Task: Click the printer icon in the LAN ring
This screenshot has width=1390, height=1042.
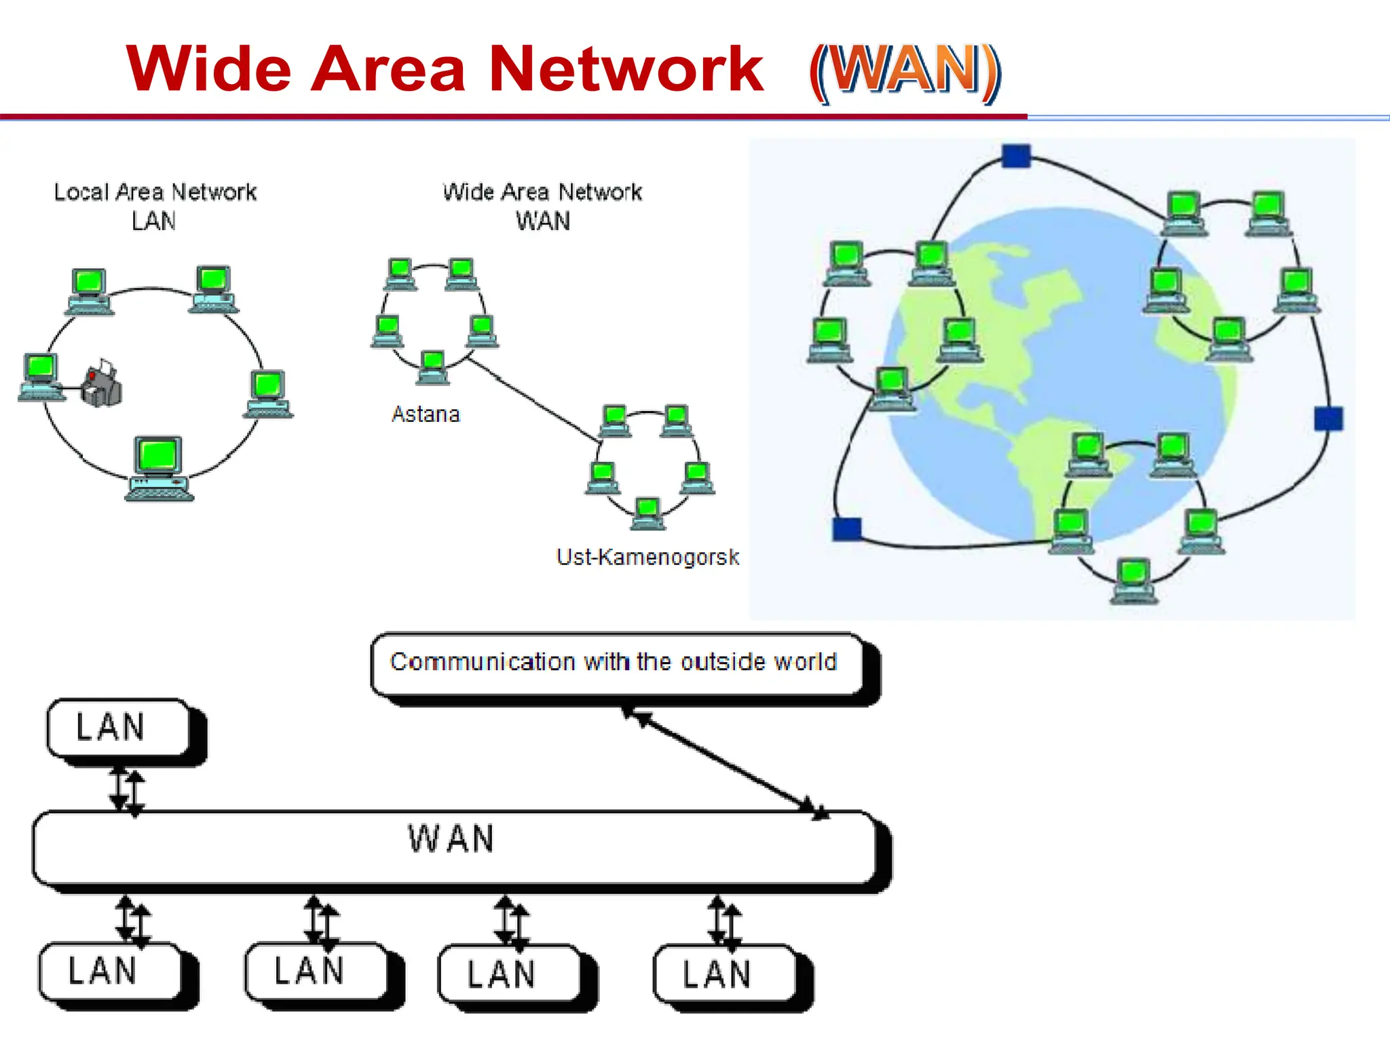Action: coord(102,385)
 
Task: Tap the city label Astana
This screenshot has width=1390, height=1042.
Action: coord(426,414)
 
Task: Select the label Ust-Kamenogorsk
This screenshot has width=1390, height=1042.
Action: coord(647,557)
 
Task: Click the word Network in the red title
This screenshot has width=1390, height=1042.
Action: coord(626,69)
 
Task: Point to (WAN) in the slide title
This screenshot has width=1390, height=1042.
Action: coord(904,71)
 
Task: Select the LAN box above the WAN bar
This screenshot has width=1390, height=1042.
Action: coord(118,727)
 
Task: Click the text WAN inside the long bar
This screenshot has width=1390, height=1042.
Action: coord(451,838)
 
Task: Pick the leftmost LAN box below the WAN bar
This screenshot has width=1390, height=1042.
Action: coord(110,971)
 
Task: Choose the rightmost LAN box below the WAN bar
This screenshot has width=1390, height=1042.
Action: coord(724,974)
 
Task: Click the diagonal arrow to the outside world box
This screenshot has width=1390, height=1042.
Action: coord(724,760)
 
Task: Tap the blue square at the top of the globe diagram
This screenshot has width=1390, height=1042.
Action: coord(1016,156)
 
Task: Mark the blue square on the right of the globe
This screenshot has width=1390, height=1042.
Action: coord(1328,418)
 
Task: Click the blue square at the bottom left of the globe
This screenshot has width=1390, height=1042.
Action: coord(846,528)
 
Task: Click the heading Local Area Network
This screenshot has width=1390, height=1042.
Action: coord(155,192)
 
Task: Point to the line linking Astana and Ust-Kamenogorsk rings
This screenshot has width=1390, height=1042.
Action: coord(533,400)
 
